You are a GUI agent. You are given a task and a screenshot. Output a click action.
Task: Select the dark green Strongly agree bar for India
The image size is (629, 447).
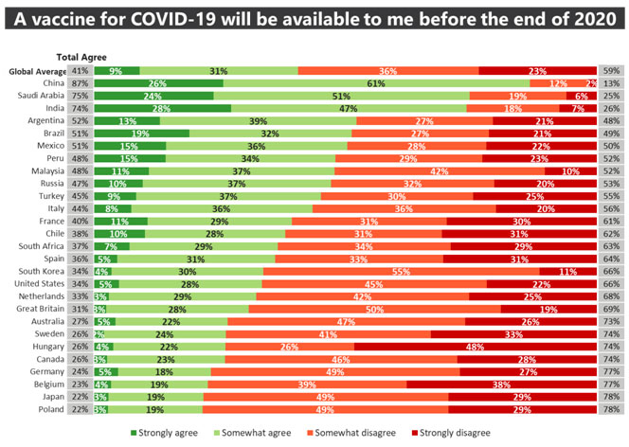click(162, 108)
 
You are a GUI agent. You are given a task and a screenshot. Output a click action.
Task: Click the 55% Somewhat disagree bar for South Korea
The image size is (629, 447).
click(403, 270)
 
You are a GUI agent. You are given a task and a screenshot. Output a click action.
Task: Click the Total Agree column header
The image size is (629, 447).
click(81, 58)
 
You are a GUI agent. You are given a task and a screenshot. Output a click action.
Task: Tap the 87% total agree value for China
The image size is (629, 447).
click(80, 83)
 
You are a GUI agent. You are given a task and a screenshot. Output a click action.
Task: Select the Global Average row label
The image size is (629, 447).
click(35, 71)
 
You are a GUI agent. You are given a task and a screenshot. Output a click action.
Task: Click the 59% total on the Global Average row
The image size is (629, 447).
click(611, 71)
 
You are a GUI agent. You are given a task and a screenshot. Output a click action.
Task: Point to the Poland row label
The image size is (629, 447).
click(50, 410)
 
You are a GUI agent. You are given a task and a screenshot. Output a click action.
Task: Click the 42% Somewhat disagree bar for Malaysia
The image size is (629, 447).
click(440, 170)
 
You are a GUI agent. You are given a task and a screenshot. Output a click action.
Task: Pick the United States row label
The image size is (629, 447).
click(38, 282)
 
